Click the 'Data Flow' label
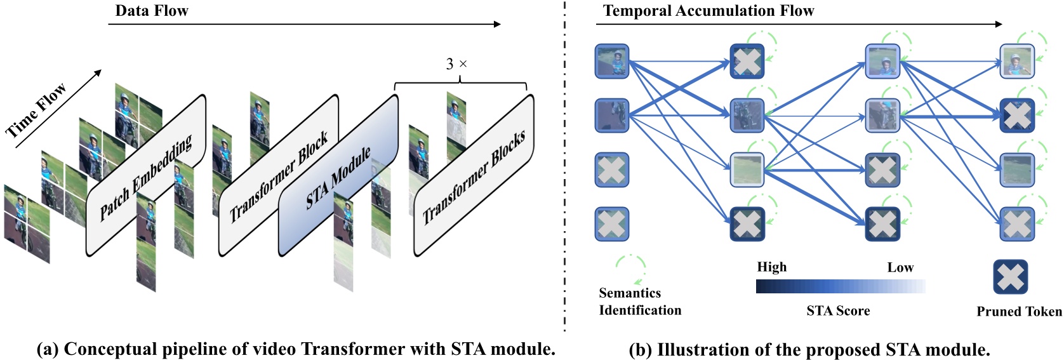pos(151,11)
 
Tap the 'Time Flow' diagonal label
pos(36,111)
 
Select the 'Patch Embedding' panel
pos(146,178)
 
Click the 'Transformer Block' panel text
pos(279,177)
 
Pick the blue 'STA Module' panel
pos(338,178)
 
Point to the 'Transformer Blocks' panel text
pos(474,177)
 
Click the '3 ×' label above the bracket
pos(456,64)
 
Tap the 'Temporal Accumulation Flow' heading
pos(708,11)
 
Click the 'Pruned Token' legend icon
pos(1010,277)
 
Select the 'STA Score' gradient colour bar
pos(840,287)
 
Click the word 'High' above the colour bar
pos(771,267)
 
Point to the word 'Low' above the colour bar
pos(900,268)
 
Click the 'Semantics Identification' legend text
pos(639,302)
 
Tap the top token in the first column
pos(611,61)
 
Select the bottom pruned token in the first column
pos(611,224)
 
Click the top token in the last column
pos(1017,61)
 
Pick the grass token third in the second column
pos(747,170)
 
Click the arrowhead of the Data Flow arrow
pos(497,24)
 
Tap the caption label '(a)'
pos(48,349)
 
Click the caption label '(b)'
pos(640,350)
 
